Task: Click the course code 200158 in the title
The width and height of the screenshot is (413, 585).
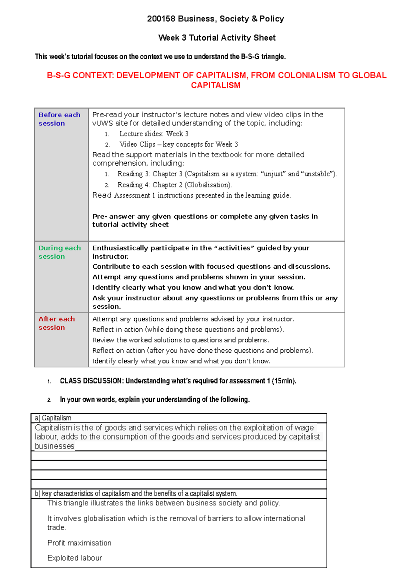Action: click(161, 19)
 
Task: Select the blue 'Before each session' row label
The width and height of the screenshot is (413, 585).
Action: click(59, 119)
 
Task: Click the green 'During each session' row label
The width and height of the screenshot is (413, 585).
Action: click(60, 252)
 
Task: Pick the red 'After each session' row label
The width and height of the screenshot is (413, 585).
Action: click(56, 323)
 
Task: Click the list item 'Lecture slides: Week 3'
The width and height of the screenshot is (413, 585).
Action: click(154, 134)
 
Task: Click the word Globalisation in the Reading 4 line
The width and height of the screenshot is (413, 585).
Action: click(208, 185)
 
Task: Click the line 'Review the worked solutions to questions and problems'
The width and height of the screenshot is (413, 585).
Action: click(180, 340)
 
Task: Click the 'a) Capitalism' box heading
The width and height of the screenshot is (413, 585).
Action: click(53, 418)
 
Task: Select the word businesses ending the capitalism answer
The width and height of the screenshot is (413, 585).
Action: click(54, 446)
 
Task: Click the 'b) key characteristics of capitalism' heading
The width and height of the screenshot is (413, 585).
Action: click(136, 493)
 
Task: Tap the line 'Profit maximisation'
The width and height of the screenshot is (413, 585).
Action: click(79, 543)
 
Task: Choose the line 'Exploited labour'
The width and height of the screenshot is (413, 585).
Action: click(75, 558)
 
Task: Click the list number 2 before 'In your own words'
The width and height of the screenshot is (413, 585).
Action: click(49, 400)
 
